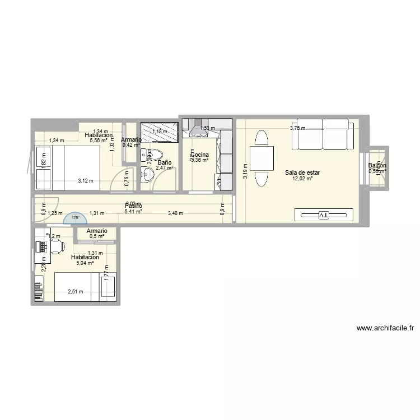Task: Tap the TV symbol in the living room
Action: coord(324,215)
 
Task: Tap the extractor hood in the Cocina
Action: coord(198,130)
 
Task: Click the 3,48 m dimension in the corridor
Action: coord(175,213)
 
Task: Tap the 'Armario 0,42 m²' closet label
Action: coord(131,143)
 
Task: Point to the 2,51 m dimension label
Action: coord(75,291)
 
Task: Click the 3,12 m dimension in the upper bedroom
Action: coord(85,180)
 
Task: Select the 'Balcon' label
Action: coord(377,166)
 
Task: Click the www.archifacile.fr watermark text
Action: coord(384,329)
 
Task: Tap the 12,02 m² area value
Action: coord(302,179)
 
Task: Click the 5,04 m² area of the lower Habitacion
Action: coord(85,263)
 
